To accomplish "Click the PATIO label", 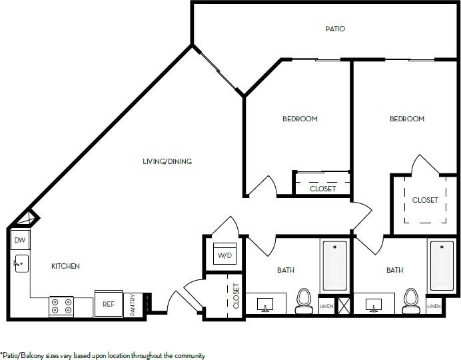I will [335, 29].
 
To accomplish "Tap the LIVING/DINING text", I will [172, 161].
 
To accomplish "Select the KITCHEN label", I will [66, 266].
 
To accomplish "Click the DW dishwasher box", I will [19, 240].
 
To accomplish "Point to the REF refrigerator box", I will [108, 303].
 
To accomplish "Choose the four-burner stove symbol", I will [61, 306].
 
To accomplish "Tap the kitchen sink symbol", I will [21, 264].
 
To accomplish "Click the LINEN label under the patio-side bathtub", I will [433, 306].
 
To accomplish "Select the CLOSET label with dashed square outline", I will [425, 200].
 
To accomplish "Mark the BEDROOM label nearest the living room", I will [300, 119].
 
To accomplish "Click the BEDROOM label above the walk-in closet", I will [407, 119].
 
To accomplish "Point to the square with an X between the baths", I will [344, 306].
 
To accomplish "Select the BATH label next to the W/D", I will [286, 270].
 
